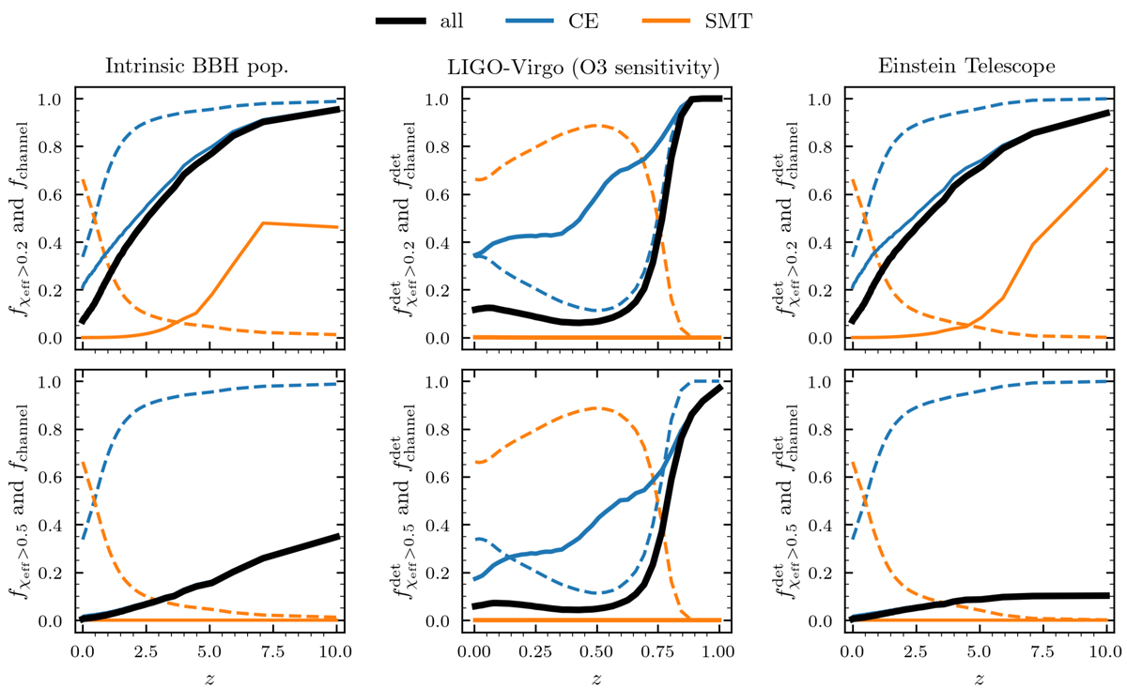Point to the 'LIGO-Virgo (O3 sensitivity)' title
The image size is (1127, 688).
pyautogui.click(x=595, y=69)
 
